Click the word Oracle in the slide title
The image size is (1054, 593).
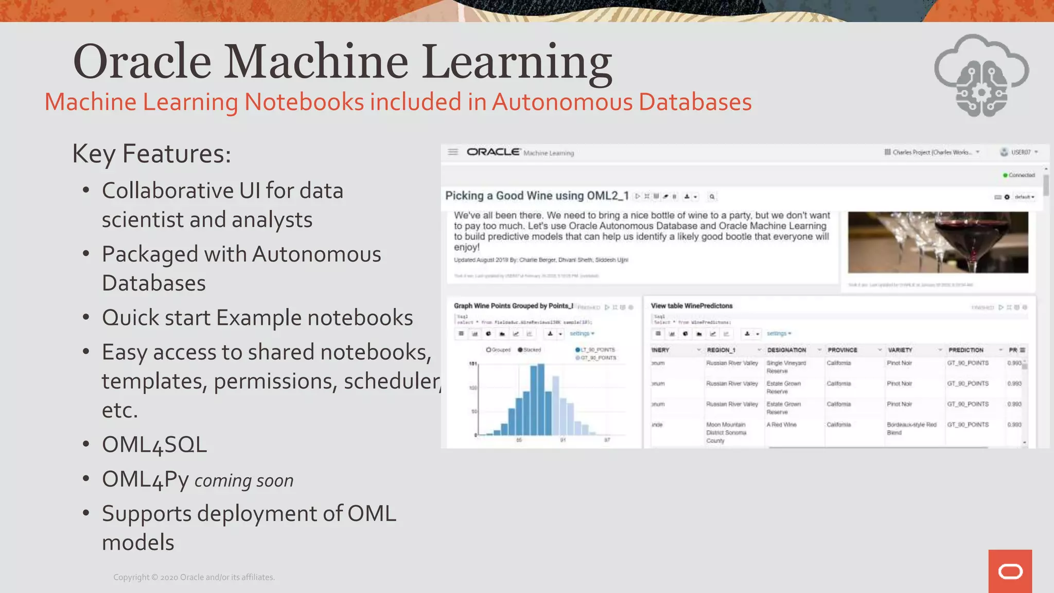pos(142,62)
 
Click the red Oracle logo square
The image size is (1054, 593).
pos(1010,571)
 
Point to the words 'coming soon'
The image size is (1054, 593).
pos(244,481)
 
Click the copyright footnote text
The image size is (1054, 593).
pos(194,578)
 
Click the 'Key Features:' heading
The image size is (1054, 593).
pos(152,153)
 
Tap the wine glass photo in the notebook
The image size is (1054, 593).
pos(938,242)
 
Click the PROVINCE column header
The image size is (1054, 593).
pos(842,350)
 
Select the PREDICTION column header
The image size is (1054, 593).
pos(965,350)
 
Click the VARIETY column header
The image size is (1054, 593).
pos(900,350)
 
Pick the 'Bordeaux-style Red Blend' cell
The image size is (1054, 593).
pos(911,429)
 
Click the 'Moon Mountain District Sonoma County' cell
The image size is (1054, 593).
pos(726,432)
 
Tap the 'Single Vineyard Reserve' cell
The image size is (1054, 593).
pos(786,367)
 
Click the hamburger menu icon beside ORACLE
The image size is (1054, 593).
pos(453,152)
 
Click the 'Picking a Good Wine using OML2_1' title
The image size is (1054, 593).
pos(537,196)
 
